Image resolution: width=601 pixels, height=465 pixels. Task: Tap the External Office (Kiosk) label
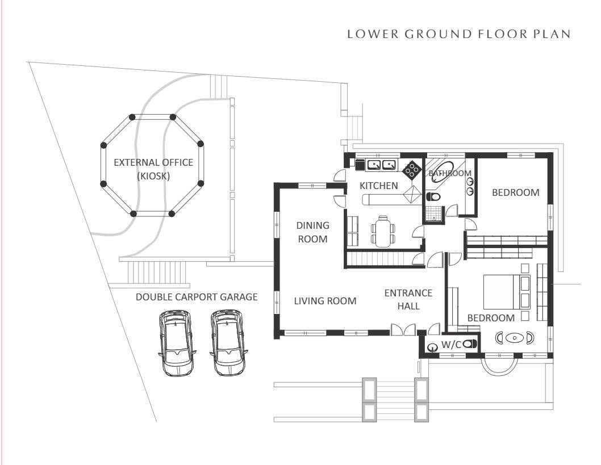153,169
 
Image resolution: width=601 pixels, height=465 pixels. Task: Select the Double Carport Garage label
197,297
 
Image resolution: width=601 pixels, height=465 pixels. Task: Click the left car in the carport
177,342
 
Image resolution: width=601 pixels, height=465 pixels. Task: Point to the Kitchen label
379,186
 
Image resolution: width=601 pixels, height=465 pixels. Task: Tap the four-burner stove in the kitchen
411,168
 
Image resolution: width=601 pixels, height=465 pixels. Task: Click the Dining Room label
312,232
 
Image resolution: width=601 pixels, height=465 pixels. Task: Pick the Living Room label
325,301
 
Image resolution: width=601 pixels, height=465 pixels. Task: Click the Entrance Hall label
408,299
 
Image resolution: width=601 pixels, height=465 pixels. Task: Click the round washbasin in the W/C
433,346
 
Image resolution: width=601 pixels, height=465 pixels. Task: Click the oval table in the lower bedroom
515,338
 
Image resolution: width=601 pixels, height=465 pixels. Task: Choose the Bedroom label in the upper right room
515,192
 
